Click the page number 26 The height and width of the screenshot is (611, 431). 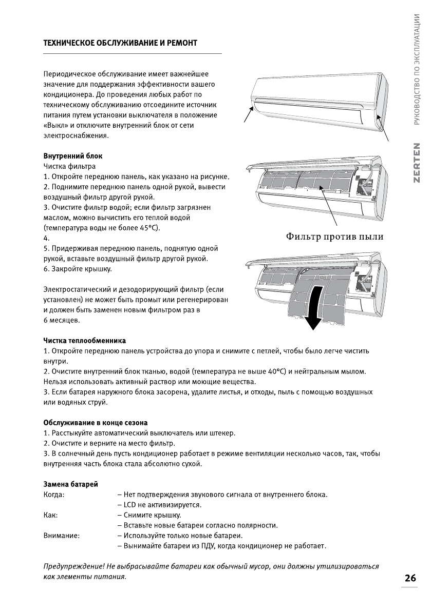(410, 578)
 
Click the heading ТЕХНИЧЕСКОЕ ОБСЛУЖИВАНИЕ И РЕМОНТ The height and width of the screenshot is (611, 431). (120, 43)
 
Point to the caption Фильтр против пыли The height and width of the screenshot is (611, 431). (334, 236)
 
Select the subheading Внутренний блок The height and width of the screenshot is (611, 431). (74, 156)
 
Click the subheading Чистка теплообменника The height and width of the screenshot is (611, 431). (85, 341)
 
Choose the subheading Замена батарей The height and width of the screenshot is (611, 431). (70, 484)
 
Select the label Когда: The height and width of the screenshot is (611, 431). (54, 495)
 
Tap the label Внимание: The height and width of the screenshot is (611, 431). (61, 536)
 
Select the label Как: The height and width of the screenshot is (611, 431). (50, 515)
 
